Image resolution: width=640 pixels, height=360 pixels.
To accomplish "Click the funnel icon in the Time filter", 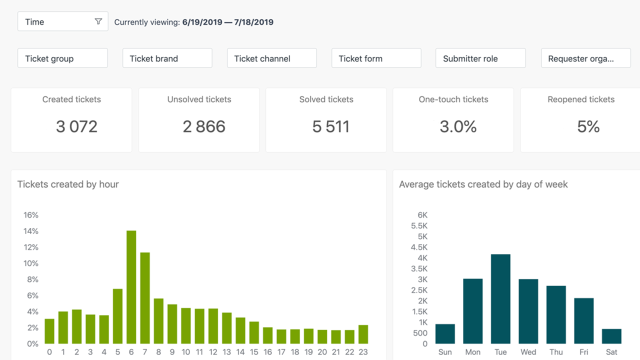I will pos(98,21).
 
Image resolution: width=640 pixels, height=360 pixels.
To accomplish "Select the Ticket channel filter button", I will pos(271,58).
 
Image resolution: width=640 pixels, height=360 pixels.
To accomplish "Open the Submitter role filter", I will pos(480,58).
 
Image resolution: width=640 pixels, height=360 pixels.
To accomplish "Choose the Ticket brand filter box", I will pos(167,58).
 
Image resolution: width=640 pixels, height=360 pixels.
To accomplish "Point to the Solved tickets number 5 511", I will pos(330,126).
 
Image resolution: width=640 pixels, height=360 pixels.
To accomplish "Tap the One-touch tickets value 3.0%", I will pos(458,126).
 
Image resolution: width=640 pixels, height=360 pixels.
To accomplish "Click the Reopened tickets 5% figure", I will pos(588,126).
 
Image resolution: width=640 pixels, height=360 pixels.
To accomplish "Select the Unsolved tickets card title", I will pos(199,99).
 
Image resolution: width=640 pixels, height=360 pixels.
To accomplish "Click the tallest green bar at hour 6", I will pos(131,287).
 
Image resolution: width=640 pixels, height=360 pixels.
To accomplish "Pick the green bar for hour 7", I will pos(145,298).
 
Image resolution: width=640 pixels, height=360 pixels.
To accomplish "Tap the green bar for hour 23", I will pos(363,334).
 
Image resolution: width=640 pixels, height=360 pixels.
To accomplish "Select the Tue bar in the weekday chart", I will pos(500,299).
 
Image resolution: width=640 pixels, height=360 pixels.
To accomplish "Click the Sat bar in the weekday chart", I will pos(611,336).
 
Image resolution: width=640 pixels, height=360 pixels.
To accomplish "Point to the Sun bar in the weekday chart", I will pos(445,334).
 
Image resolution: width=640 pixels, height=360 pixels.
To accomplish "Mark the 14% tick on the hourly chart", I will pos(31,231).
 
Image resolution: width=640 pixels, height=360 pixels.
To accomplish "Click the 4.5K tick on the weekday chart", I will pos(419,247).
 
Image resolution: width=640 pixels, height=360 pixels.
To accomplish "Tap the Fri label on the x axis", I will pos(584,352).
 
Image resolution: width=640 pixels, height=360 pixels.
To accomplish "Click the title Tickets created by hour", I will pos(68,184).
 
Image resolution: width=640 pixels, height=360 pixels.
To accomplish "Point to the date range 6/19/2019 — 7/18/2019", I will pos(228,22).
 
